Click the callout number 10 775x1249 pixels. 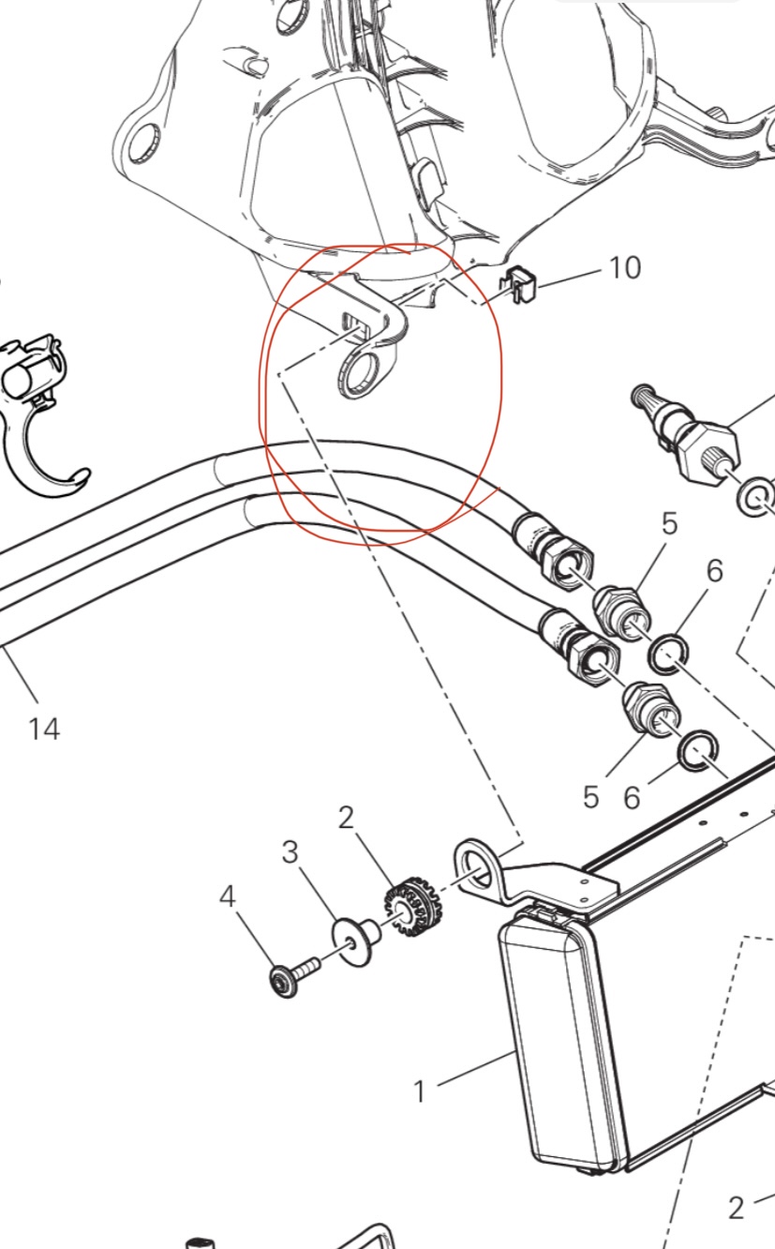pos(625,267)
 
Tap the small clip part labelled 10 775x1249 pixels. pos(522,284)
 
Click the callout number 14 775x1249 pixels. pos(44,729)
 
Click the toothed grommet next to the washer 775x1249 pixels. pos(414,906)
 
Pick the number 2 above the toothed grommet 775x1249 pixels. pos(346,818)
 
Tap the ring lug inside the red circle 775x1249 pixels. pos(359,370)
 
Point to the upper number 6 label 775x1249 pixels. pos(715,571)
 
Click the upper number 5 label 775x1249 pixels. pos(670,524)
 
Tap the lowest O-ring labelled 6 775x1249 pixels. pos(697,753)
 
